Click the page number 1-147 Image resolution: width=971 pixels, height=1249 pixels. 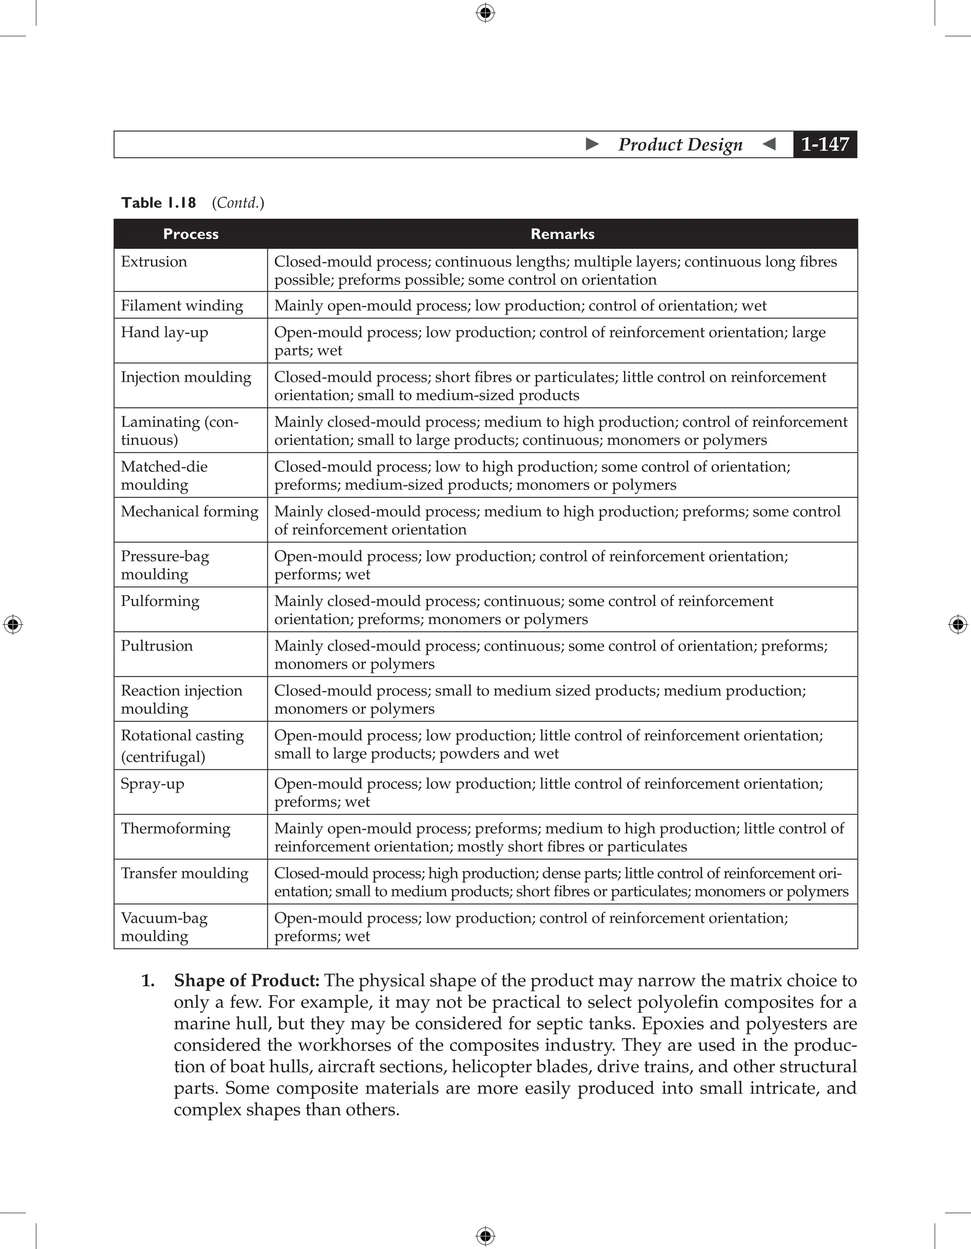pyautogui.click(x=824, y=144)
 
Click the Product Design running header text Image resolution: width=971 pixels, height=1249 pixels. pyautogui.click(x=680, y=145)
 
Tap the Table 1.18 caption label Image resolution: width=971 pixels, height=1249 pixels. pyautogui.click(x=158, y=203)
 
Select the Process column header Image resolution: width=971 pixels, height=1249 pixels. pyautogui.click(x=191, y=234)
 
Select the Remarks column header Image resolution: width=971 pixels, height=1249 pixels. pyautogui.click(x=562, y=234)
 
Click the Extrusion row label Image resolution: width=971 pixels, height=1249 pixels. pyautogui.click(x=154, y=262)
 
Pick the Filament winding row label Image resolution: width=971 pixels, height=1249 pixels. pyautogui.click(x=182, y=306)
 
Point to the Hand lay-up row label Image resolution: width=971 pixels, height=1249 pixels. pyautogui.click(x=164, y=332)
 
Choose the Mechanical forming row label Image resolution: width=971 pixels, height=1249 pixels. pyautogui.click(x=189, y=511)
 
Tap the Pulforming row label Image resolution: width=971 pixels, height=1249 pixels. pyautogui.click(x=160, y=601)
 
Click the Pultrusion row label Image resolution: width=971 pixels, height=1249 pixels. pyautogui.click(x=157, y=646)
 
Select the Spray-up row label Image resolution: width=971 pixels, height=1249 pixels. pyautogui.click(x=152, y=784)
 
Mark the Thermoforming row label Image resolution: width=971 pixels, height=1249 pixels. pyautogui.click(x=175, y=828)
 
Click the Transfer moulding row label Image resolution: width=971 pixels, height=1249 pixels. pyautogui.click(x=184, y=873)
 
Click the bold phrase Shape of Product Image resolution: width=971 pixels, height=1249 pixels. pyautogui.click(x=246, y=980)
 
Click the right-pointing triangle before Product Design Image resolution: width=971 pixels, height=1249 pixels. pyautogui.click(x=592, y=144)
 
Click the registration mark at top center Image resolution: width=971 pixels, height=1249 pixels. pyautogui.click(x=485, y=13)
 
